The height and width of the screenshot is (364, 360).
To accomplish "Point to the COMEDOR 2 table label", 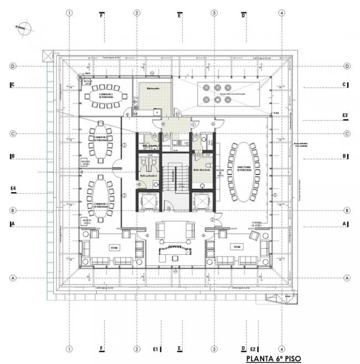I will [101, 139].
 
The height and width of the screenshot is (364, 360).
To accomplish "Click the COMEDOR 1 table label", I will [100, 204].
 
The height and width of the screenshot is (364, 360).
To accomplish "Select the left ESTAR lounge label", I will [114, 247].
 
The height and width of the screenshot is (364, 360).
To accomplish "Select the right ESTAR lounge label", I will [238, 247].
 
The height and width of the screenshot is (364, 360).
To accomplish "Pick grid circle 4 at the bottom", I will [282, 349].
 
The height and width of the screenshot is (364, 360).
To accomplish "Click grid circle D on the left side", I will [12, 66].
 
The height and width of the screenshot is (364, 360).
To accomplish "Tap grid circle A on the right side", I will [347, 278].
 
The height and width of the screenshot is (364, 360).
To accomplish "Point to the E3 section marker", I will [344, 116].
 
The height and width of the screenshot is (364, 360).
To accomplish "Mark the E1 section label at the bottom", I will [156, 349].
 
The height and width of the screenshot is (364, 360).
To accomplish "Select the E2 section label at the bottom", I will [253, 349].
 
